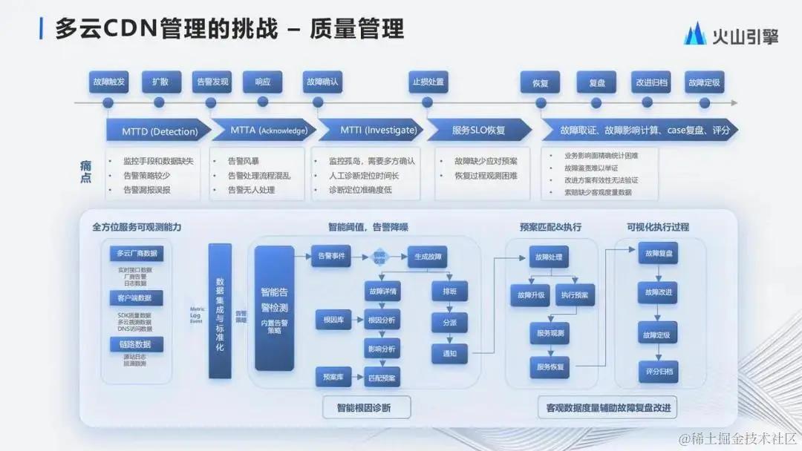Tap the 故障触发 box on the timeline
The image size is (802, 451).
108,82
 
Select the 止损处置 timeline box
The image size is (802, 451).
428,82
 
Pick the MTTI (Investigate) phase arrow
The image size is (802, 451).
368,131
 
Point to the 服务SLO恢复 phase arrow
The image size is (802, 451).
479,131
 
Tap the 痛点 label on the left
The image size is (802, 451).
86,173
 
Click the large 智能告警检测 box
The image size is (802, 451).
275,307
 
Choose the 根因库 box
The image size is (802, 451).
327,320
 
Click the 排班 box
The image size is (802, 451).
449,292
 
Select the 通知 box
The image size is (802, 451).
449,354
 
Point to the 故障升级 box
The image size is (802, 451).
526,295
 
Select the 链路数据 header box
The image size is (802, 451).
135,344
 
